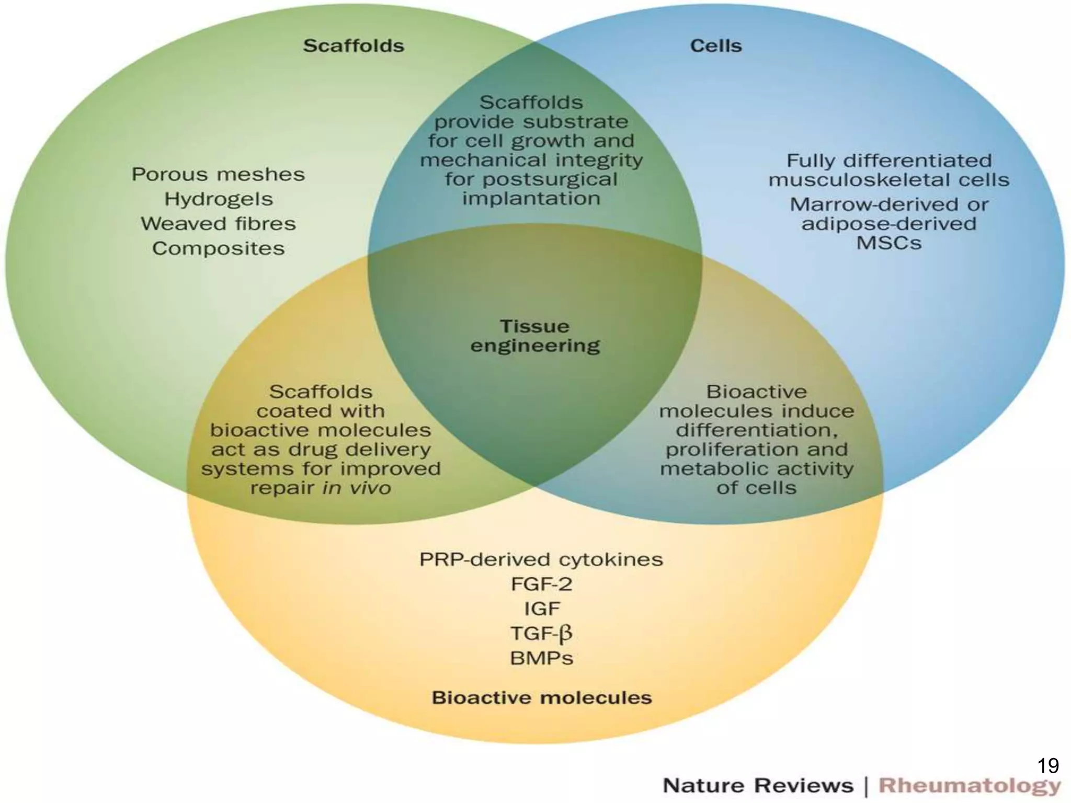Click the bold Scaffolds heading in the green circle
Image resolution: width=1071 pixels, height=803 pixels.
(x=354, y=46)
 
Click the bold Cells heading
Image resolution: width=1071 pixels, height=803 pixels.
(x=715, y=46)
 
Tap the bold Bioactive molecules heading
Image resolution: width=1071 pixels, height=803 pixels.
(x=541, y=697)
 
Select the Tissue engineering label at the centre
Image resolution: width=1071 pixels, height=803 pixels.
(x=534, y=336)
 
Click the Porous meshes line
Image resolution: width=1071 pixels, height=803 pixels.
(x=218, y=174)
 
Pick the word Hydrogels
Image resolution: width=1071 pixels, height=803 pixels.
(x=219, y=199)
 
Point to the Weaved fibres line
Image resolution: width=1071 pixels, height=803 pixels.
(x=218, y=224)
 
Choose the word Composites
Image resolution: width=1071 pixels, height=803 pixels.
(x=218, y=248)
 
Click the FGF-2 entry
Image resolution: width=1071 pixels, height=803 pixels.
(x=541, y=584)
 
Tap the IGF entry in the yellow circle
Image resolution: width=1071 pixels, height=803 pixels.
(x=541, y=609)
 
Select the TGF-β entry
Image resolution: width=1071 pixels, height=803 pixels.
(x=541, y=634)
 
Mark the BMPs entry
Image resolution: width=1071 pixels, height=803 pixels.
(x=541, y=658)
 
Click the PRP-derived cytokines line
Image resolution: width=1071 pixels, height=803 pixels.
(x=541, y=560)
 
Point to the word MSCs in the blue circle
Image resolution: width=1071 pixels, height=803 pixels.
(x=888, y=243)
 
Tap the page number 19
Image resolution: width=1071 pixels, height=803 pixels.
(x=1047, y=766)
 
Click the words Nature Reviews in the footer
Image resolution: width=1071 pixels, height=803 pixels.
(x=758, y=786)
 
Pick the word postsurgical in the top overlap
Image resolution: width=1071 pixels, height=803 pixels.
(x=549, y=180)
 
